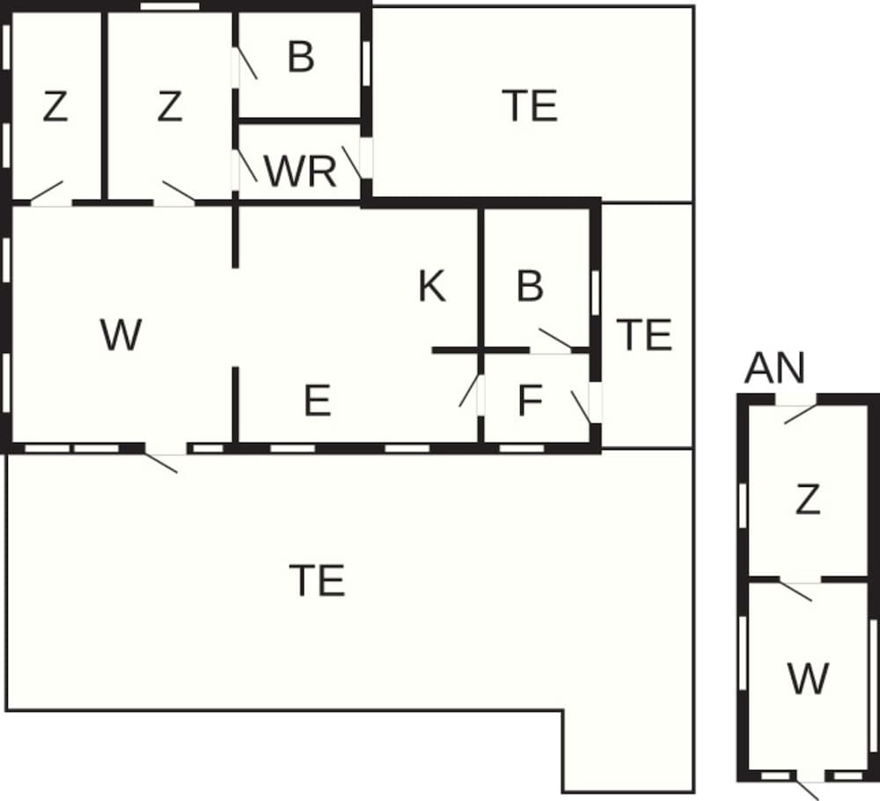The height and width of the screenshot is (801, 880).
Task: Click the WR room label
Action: tap(301, 173)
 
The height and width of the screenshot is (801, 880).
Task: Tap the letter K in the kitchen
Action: tap(431, 287)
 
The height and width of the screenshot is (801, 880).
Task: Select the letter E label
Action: tap(317, 401)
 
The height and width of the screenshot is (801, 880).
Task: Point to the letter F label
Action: tap(530, 401)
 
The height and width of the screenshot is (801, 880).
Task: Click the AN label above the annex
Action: tap(774, 369)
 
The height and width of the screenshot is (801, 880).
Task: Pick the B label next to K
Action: tap(530, 287)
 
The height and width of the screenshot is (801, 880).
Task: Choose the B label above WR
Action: tap(301, 57)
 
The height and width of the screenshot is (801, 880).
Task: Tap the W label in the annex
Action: tap(808, 679)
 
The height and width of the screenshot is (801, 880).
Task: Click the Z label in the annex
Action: tap(807, 501)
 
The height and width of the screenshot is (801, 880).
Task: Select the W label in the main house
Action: tap(121, 335)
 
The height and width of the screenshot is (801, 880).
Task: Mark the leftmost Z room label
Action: tap(55, 107)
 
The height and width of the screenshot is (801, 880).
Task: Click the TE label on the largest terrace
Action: tap(317, 580)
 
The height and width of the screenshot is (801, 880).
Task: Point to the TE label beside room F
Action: tap(644, 335)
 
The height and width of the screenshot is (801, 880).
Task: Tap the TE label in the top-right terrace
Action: tap(531, 106)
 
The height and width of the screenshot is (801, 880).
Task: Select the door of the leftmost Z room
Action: tap(48, 194)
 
